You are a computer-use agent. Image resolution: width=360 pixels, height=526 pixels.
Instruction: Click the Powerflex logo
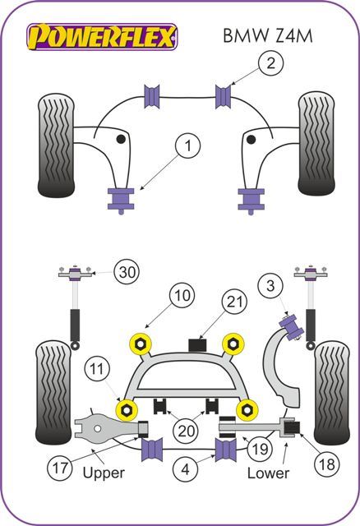(x=101, y=37)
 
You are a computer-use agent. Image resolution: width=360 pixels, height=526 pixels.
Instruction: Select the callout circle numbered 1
(x=188, y=147)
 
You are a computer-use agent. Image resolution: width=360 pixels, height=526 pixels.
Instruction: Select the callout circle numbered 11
(x=99, y=371)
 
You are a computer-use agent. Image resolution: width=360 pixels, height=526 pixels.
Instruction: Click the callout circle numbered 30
(x=126, y=273)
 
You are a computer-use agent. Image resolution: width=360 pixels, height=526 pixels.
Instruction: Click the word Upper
(x=104, y=473)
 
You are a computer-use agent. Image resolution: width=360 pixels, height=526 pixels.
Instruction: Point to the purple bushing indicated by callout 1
(x=122, y=199)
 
